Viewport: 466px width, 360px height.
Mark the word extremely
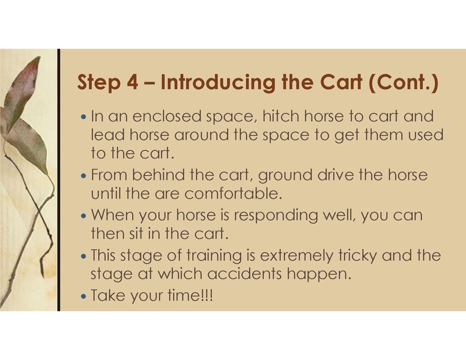point(292,256)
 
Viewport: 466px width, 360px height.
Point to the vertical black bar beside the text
point(59,180)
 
